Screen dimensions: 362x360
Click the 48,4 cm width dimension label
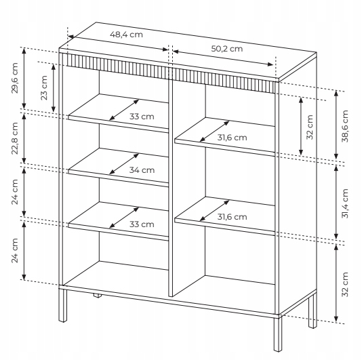(x=126, y=35)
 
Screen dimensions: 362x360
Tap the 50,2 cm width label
(x=227, y=49)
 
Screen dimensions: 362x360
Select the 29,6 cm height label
(x=15, y=78)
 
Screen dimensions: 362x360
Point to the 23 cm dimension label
(x=44, y=87)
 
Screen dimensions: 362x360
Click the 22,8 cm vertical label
(x=15, y=138)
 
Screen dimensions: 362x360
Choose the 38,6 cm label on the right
(x=345, y=126)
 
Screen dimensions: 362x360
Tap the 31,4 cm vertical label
(x=345, y=203)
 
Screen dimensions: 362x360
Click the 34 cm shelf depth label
(x=142, y=170)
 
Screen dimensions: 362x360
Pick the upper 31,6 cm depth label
(x=232, y=138)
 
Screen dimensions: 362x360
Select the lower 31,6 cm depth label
(x=232, y=217)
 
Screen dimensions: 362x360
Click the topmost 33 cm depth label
(x=142, y=117)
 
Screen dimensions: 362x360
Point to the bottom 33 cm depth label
(x=142, y=224)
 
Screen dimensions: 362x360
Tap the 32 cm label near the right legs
(x=345, y=285)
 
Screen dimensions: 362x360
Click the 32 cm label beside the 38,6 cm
(x=310, y=127)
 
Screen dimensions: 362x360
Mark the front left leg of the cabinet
(x=63, y=305)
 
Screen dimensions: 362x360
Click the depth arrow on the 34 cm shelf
(x=124, y=163)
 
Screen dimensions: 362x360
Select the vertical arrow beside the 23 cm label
(x=54, y=88)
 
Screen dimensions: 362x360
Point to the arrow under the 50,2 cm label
(x=223, y=58)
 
